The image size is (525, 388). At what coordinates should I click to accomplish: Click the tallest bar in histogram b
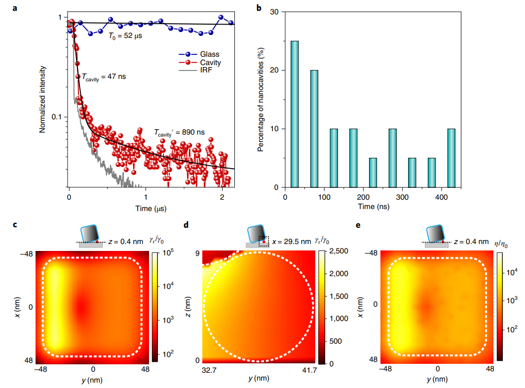pos(295,114)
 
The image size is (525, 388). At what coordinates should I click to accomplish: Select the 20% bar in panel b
pos(314,129)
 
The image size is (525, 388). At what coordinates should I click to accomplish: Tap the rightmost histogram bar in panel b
pos(451,158)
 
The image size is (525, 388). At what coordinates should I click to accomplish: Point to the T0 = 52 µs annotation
pos(125,36)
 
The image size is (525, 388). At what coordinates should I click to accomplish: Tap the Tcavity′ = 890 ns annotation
pos(179,132)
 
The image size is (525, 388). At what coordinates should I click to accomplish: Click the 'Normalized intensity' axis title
pos(42,99)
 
